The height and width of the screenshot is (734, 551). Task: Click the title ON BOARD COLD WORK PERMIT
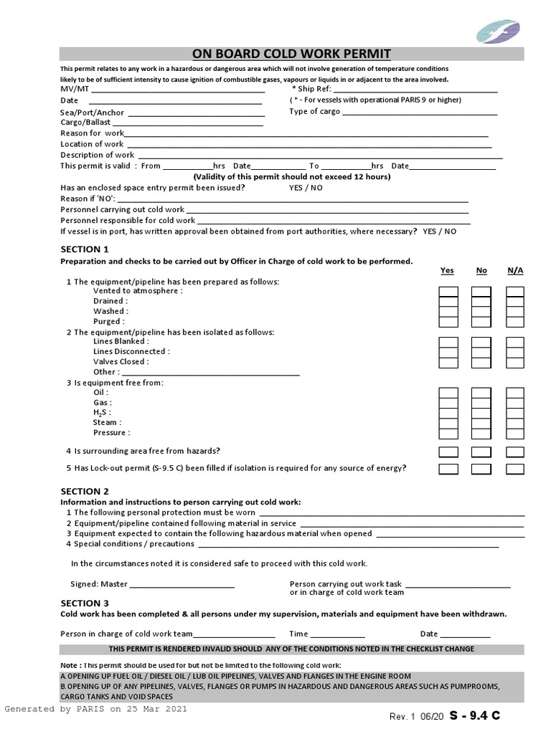pos(291,54)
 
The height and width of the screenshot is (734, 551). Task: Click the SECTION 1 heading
pos(85,249)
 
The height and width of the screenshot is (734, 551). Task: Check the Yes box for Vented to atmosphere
pos(448,292)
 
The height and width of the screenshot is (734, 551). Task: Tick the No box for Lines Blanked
pos(481,342)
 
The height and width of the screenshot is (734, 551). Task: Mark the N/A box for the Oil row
pos(515,393)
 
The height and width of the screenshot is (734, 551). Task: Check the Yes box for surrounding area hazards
pos(448,452)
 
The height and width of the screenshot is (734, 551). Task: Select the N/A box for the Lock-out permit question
pos(515,469)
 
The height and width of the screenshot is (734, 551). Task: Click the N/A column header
pos(515,270)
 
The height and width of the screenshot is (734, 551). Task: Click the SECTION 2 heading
pos(85,491)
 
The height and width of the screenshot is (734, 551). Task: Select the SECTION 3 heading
pos(85,603)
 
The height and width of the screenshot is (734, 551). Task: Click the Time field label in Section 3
pos(298,634)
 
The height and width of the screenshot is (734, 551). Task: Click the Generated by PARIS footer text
pos(95,709)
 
